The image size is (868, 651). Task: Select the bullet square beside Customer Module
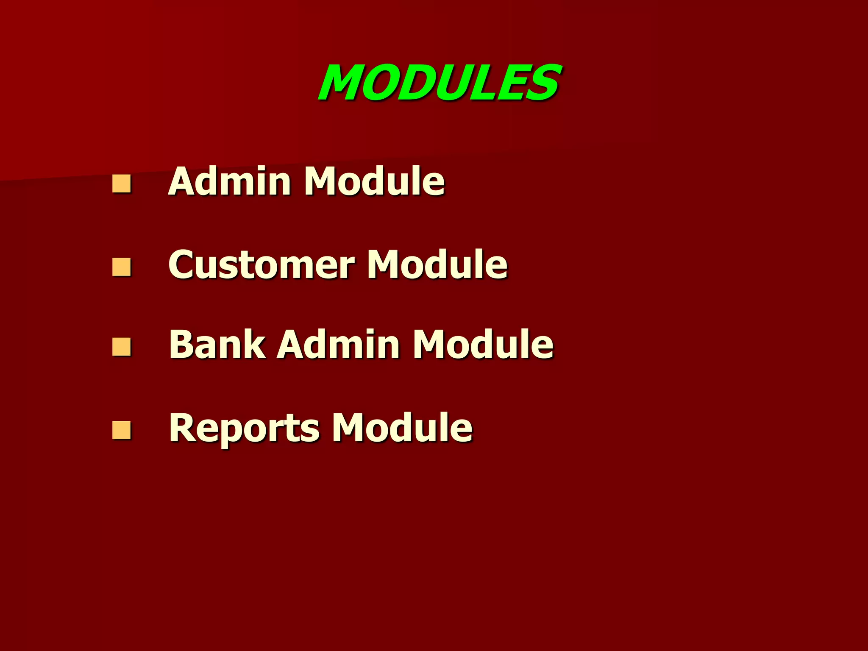point(121,267)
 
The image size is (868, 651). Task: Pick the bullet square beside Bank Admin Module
point(121,347)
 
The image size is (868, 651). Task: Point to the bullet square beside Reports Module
point(121,430)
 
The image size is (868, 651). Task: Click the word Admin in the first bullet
point(229,181)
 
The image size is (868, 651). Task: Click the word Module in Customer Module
point(437,264)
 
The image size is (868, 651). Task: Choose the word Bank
point(217,344)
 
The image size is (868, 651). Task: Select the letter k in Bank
point(254,344)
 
